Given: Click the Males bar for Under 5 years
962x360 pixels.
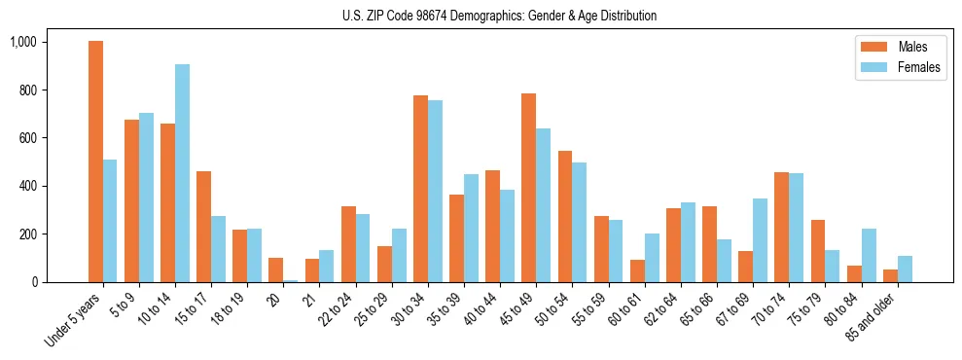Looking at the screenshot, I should pos(95,162).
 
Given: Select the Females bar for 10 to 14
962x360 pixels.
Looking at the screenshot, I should pos(182,173).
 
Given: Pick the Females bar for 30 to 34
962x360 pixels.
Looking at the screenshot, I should pos(435,191).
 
